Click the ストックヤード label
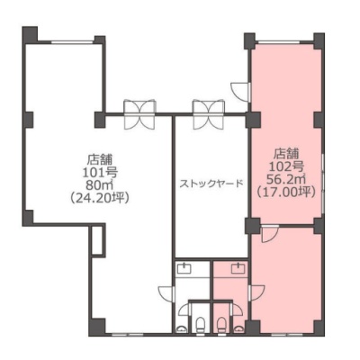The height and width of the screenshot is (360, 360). (x=211, y=184)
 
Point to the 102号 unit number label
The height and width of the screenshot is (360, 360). (x=287, y=166)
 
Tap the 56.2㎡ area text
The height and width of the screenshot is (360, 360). (x=286, y=179)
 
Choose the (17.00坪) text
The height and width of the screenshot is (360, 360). (x=286, y=192)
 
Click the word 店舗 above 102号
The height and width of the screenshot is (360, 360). (x=286, y=154)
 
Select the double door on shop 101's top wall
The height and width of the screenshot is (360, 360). (x=139, y=114)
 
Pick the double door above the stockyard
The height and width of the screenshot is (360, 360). (x=209, y=114)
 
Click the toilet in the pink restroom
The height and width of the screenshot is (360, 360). (x=221, y=326)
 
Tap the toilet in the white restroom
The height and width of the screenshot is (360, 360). (x=200, y=326)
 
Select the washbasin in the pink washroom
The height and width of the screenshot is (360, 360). (x=238, y=268)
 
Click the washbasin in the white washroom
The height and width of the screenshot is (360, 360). (x=184, y=268)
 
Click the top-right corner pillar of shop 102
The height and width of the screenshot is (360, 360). (x=319, y=40)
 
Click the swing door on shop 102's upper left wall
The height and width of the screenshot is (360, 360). (x=240, y=91)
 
